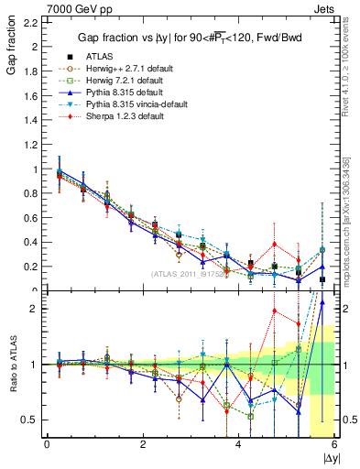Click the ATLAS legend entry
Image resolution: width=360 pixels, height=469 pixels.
pos(101,57)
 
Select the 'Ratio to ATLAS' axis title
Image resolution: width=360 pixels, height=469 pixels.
pos(12,365)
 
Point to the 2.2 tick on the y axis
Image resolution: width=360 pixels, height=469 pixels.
pos(30,22)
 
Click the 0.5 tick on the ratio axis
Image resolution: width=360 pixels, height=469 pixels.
pos(30,420)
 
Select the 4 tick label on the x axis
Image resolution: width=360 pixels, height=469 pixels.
pos(238,445)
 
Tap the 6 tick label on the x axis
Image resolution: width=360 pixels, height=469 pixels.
pos(334,445)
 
